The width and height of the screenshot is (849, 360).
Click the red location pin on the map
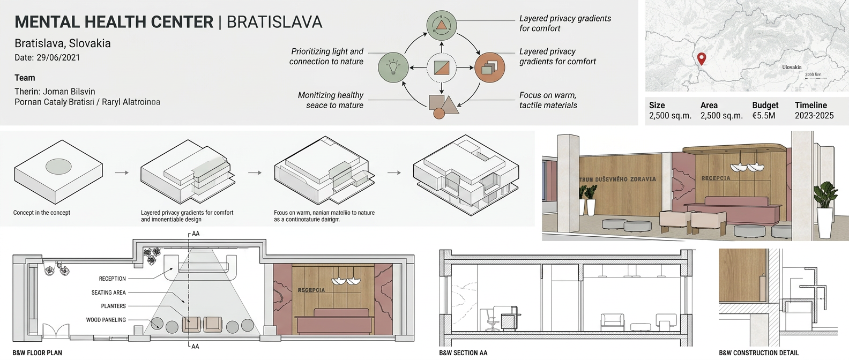point(701,58)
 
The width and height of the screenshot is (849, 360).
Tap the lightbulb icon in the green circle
point(393,67)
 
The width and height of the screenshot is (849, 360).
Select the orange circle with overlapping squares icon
point(490,67)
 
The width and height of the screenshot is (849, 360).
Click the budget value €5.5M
point(764,115)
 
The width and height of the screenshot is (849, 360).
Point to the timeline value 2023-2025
point(814,115)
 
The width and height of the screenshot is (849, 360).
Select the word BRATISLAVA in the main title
point(274,22)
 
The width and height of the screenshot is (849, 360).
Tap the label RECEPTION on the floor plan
point(113,279)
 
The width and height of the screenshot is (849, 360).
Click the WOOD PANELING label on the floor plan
point(106,320)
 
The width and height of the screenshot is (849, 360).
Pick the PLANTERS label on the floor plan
point(114,306)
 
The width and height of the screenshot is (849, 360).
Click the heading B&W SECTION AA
point(463,352)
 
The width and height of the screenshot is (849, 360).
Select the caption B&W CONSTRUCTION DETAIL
point(758,352)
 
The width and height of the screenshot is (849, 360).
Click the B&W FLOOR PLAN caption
point(37,352)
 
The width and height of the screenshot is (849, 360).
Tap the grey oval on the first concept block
point(58,166)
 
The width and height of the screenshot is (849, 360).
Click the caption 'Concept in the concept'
point(42,213)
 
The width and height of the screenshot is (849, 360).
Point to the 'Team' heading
point(25,78)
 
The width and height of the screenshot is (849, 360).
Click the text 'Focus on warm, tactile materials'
point(548,100)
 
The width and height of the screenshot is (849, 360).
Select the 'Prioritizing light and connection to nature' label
point(326,56)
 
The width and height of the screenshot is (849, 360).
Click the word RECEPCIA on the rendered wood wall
point(716,178)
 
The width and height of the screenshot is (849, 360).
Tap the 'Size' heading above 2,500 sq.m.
point(657,105)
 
